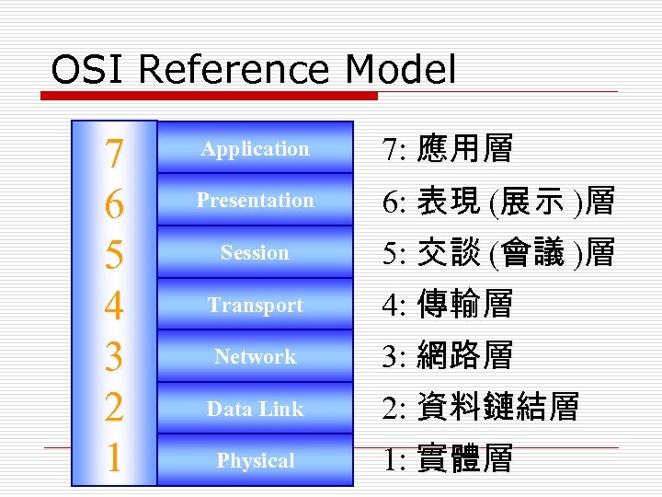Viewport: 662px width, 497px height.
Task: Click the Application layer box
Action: click(255, 148)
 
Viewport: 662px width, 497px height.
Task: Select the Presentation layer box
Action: click(255, 200)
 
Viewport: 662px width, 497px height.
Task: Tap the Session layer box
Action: click(255, 252)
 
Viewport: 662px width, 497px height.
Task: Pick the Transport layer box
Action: click(255, 305)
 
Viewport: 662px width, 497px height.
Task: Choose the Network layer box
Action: click(255, 356)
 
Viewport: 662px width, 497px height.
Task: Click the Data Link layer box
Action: click(255, 409)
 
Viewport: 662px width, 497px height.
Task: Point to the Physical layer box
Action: click(255, 460)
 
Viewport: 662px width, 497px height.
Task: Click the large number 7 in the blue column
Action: click(113, 154)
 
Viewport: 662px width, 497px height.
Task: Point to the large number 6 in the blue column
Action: click(113, 204)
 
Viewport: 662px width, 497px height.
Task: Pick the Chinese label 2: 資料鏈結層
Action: click(479, 408)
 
